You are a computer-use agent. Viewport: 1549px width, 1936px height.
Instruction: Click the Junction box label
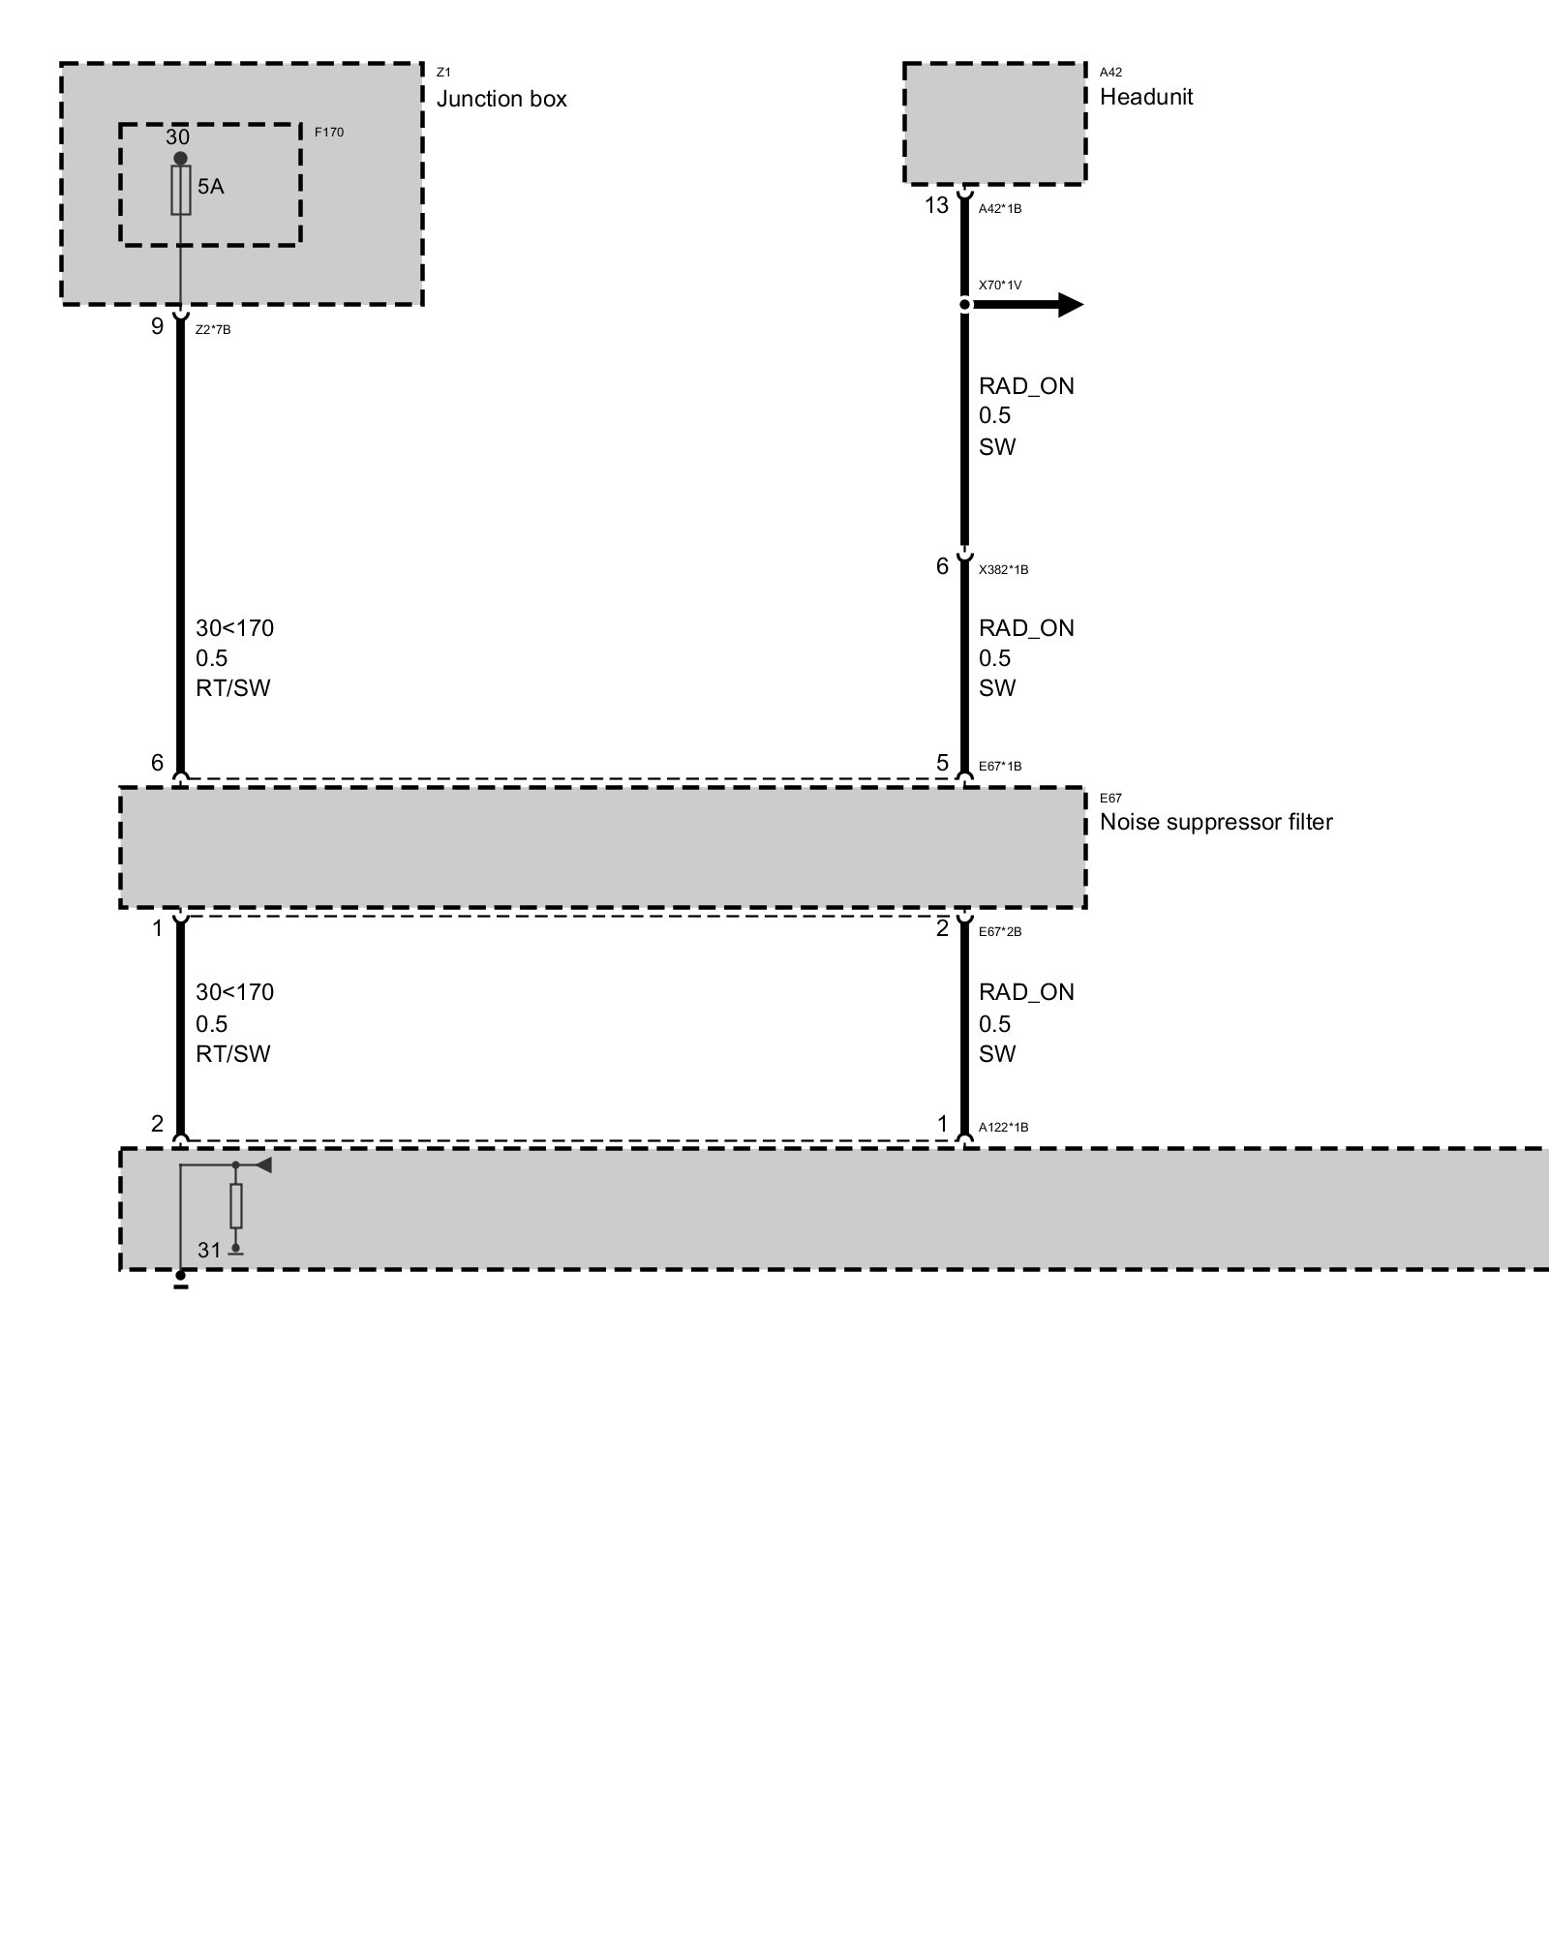(501, 99)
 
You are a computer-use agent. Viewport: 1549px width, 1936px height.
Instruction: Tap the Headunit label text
(1146, 97)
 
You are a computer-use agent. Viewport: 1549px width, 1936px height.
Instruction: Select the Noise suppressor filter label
(1216, 822)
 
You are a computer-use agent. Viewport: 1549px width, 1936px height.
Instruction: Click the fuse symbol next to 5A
(180, 190)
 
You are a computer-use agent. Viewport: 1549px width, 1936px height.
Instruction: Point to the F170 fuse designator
(329, 132)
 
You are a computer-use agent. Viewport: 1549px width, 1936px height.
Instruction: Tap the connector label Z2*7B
(213, 330)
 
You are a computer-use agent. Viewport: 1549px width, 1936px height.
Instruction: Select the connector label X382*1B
(1003, 570)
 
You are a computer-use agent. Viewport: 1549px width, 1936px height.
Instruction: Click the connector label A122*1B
(1003, 1128)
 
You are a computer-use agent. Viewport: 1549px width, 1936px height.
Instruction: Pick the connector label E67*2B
(1000, 932)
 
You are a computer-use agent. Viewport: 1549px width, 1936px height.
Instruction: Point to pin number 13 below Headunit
(936, 205)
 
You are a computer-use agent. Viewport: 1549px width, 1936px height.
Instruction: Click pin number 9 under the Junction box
(157, 326)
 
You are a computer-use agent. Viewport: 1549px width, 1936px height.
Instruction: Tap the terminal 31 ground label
(210, 1251)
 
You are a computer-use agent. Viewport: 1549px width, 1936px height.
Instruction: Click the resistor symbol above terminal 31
(235, 1206)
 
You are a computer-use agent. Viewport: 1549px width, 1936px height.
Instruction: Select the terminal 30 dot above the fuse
(180, 158)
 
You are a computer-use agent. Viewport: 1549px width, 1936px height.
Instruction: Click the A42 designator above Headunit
(1110, 72)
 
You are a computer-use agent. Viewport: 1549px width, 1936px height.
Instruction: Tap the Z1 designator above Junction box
(443, 73)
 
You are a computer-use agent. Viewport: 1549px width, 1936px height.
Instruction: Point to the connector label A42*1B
(1000, 209)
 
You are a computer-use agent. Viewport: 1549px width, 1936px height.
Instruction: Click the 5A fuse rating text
(210, 187)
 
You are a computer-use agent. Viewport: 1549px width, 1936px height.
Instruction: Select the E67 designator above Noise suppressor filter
(1110, 799)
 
